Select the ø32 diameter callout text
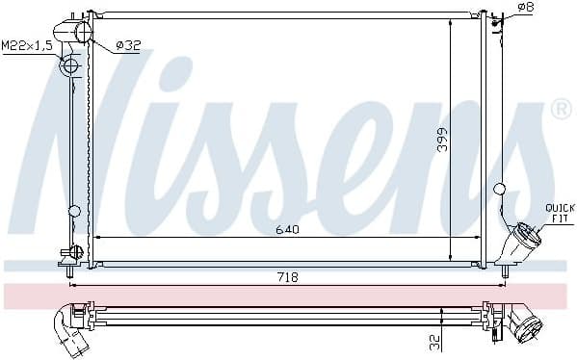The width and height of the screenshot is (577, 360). coord(127,44)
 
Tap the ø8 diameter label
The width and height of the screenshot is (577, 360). coord(526,8)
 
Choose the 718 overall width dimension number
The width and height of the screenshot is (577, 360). coord(288,277)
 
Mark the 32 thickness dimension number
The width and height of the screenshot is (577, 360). coord(434,340)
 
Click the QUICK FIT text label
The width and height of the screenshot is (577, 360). coord(559,212)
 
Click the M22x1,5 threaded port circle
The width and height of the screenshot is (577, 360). coord(68,66)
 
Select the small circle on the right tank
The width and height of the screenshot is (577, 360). coord(498,189)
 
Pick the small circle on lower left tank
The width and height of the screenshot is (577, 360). coord(74,211)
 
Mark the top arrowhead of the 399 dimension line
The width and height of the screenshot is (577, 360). coord(451,19)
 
